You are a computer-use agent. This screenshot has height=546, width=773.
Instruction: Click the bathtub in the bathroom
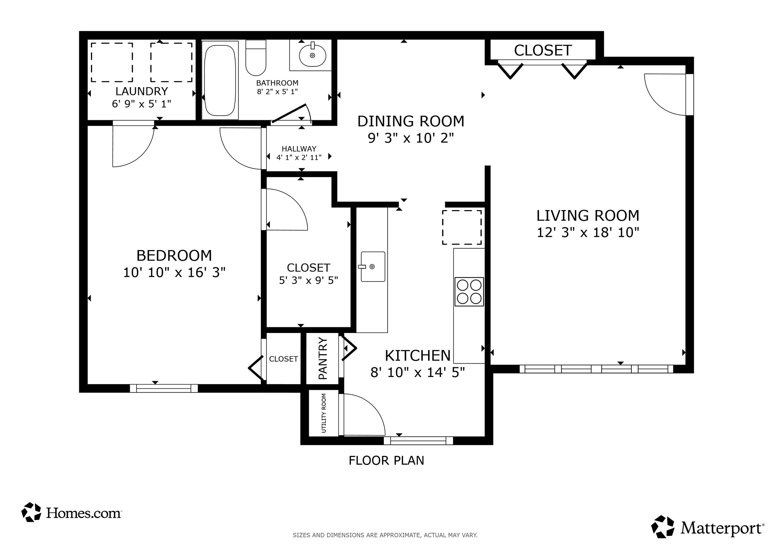pyautogui.click(x=220, y=80)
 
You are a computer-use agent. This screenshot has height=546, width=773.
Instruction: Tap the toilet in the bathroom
pyautogui.click(x=256, y=58)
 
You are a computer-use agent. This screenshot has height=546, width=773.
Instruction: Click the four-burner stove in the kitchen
pyautogui.click(x=469, y=291)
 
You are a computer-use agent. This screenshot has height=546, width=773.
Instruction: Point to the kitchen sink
pyautogui.click(x=373, y=267)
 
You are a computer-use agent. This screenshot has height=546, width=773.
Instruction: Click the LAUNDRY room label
pyautogui.click(x=142, y=91)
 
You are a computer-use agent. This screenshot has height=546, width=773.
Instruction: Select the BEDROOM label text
pyautogui.click(x=174, y=256)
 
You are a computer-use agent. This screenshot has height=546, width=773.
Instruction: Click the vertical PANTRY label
pyautogui.click(x=323, y=358)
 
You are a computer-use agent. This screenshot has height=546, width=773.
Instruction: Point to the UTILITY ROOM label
pyautogui.click(x=324, y=413)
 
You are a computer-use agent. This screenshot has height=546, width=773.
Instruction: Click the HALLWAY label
pyautogui.click(x=299, y=149)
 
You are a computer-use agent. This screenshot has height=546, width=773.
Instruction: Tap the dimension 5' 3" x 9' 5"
pyautogui.click(x=308, y=281)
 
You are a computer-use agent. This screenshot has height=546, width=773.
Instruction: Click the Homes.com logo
pyautogui.click(x=72, y=512)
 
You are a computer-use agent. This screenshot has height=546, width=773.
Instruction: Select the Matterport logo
pyautogui.click(x=707, y=528)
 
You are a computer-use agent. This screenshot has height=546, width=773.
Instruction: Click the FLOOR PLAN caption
pyautogui.click(x=386, y=461)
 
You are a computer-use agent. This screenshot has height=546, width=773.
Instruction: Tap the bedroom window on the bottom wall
pyautogui.click(x=164, y=388)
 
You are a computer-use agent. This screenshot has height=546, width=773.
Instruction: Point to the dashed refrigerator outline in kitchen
pyautogui.click(x=462, y=227)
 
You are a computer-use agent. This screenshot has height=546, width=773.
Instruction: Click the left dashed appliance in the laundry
pyautogui.click(x=112, y=62)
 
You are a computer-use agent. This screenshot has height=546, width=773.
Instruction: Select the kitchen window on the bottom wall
pyautogui.click(x=418, y=440)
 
